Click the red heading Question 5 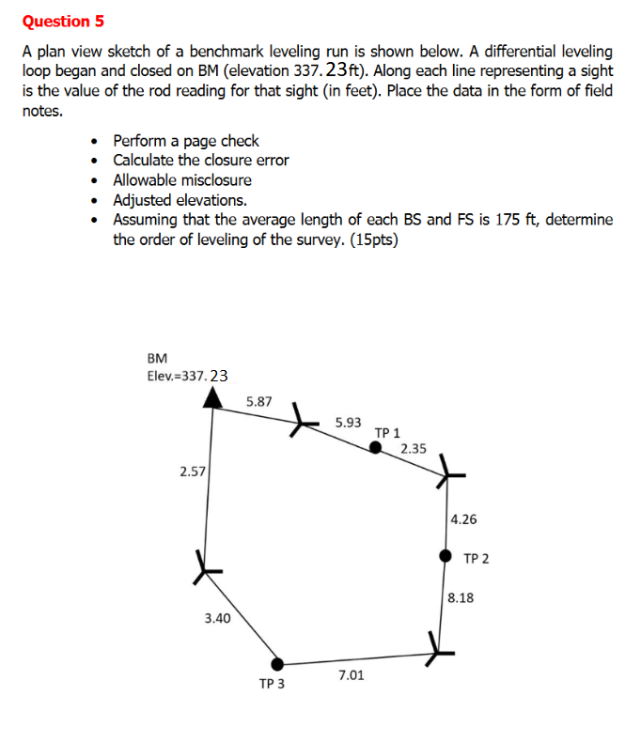[x=63, y=20]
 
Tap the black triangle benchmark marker [x=215, y=399]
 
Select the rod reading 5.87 [x=258, y=401]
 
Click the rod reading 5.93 [x=348, y=423]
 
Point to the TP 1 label [x=387, y=433]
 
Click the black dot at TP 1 [x=376, y=448]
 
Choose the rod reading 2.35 [x=414, y=449]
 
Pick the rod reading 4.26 [x=464, y=518]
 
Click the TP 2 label [x=477, y=559]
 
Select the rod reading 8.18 [x=461, y=597]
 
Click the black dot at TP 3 [x=277, y=664]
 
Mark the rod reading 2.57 [x=192, y=471]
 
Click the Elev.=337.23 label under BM [x=188, y=376]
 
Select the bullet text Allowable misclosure [x=182, y=180]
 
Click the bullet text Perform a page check [x=186, y=141]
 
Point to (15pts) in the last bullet [x=373, y=240]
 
